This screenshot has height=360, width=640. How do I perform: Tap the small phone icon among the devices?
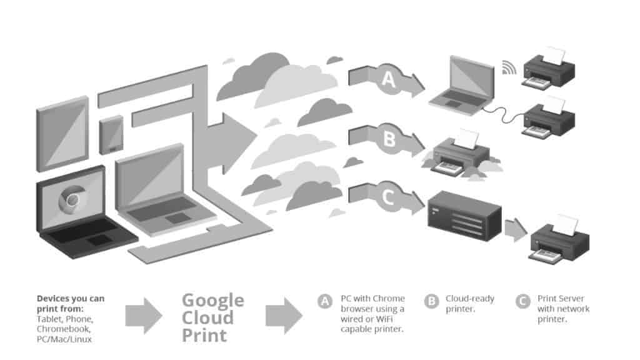coord(112,135)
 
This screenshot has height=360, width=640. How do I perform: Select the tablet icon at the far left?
coord(61,134)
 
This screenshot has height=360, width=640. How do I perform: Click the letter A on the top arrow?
coord(389,79)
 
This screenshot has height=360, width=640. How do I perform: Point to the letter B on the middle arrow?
coord(389,139)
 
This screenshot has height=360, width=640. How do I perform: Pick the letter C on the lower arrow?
coord(387,198)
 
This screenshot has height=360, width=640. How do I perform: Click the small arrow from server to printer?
coord(516,229)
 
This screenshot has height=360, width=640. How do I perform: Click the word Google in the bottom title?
coord(213,300)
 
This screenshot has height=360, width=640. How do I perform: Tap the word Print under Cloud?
coord(204,335)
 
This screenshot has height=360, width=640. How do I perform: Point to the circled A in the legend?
coord(324,302)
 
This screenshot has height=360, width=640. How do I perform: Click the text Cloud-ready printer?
coord(469,304)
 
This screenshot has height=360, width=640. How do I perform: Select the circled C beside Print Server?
coord(522,302)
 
